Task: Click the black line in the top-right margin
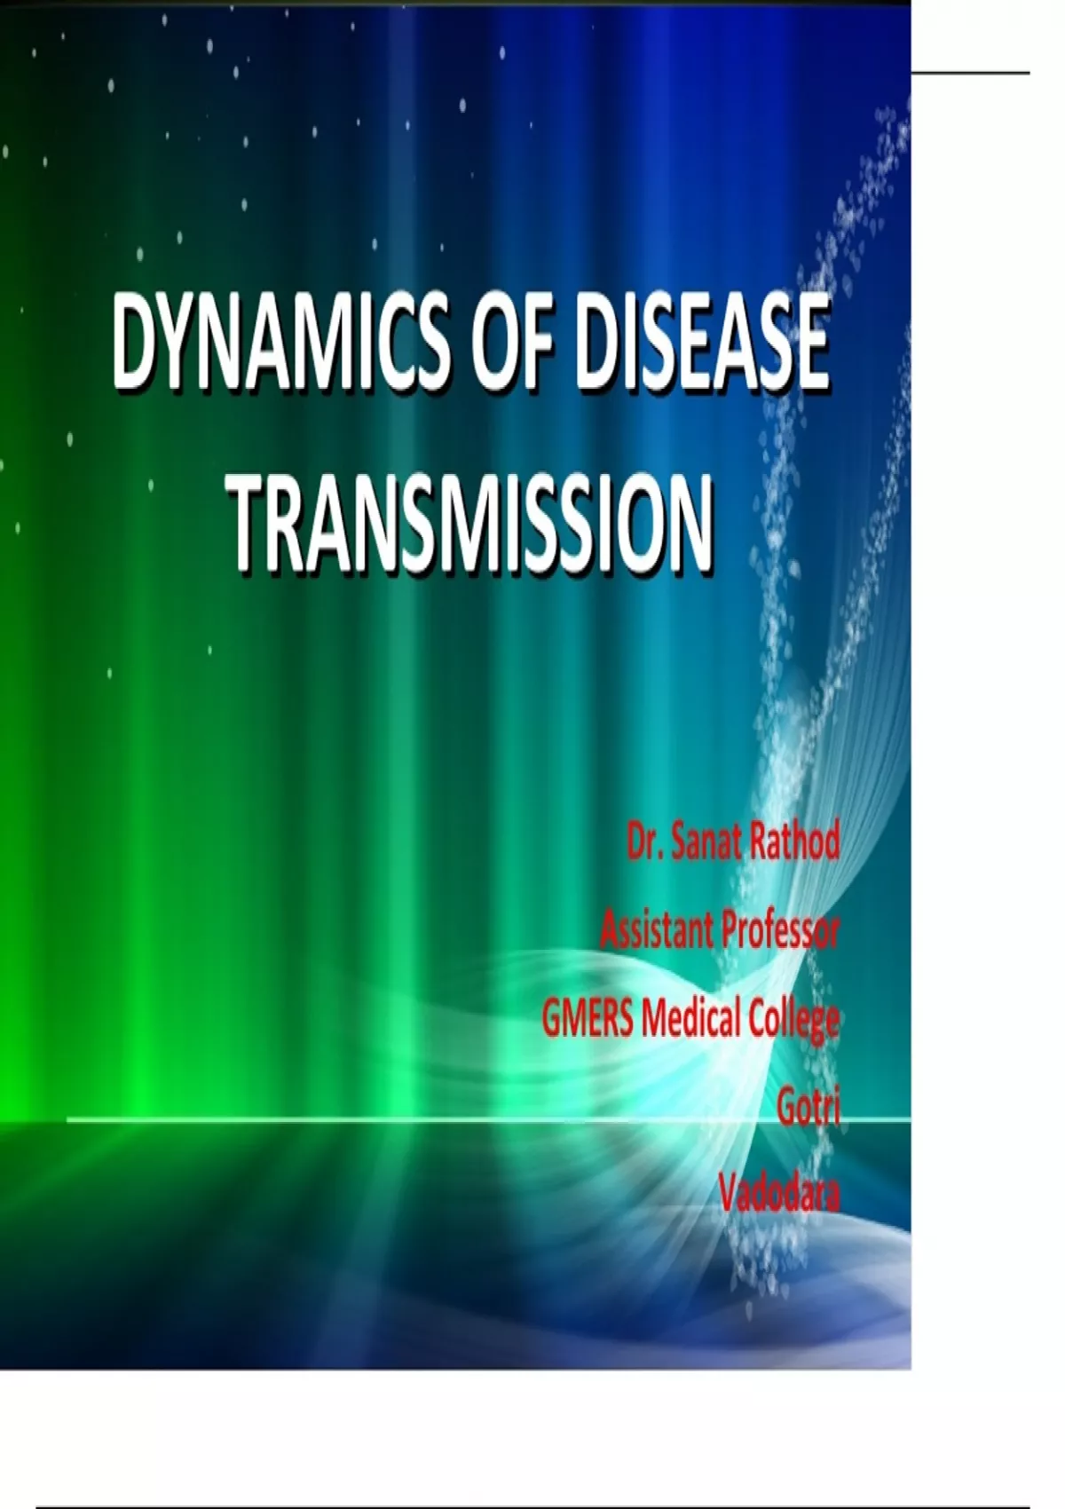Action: [971, 72]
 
